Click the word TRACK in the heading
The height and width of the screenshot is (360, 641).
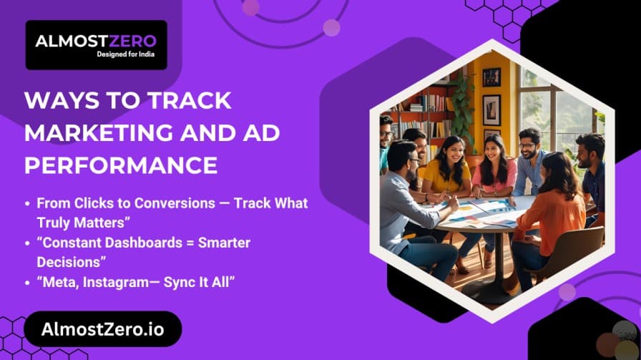click(193, 101)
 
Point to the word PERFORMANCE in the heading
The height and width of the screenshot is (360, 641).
click(121, 165)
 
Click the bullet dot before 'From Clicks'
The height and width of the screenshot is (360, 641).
click(28, 204)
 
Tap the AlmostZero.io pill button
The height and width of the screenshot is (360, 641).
click(102, 329)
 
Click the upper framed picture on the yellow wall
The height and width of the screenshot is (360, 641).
click(491, 77)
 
